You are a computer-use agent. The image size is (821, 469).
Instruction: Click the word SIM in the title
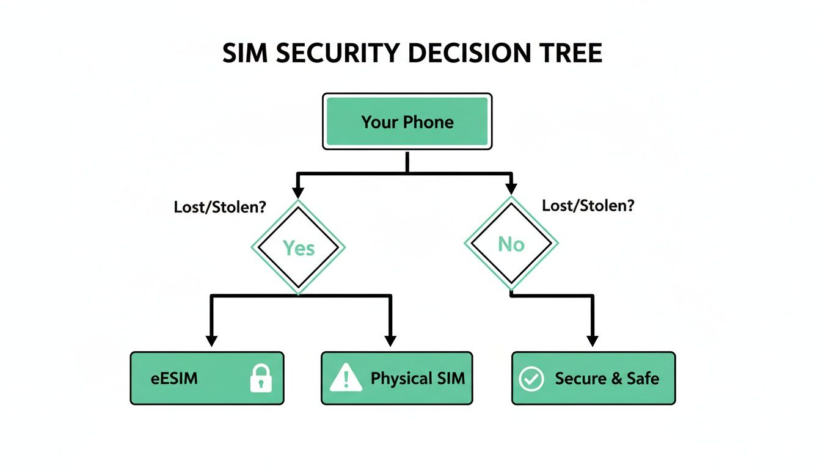click(244, 54)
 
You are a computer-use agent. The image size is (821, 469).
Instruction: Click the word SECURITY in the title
click(338, 54)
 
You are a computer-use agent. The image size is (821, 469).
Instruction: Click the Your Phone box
click(407, 122)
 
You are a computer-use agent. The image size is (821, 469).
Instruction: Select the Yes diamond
click(299, 247)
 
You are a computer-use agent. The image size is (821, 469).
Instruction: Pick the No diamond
click(511, 244)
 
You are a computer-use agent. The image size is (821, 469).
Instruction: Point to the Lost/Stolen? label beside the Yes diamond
click(220, 206)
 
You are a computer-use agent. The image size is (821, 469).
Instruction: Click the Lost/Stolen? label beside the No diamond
click(588, 205)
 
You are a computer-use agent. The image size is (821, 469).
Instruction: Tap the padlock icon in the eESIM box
click(261, 379)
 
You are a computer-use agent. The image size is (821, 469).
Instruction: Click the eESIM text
click(174, 379)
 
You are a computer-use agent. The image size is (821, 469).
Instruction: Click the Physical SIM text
click(418, 379)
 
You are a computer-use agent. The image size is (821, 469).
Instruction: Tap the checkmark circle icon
click(530, 379)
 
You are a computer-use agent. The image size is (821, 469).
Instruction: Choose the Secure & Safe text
click(607, 379)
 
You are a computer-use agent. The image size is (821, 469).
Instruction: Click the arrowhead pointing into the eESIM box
click(211, 340)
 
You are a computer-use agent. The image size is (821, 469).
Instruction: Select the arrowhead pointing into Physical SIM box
click(390, 340)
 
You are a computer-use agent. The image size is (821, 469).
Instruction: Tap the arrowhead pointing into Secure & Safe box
click(591, 340)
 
